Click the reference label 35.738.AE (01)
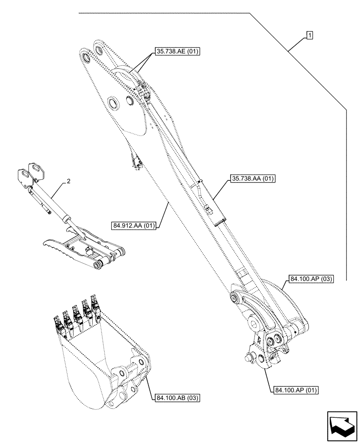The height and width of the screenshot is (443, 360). (x=177, y=52)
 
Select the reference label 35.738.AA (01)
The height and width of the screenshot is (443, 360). (x=253, y=179)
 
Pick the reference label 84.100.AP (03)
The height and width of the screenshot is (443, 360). (x=311, y=279)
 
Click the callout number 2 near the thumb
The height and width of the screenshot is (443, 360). (x=68, y=181)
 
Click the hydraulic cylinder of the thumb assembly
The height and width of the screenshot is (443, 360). (x=55, y=206)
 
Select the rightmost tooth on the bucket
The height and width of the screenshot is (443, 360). (x=94, y=304)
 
